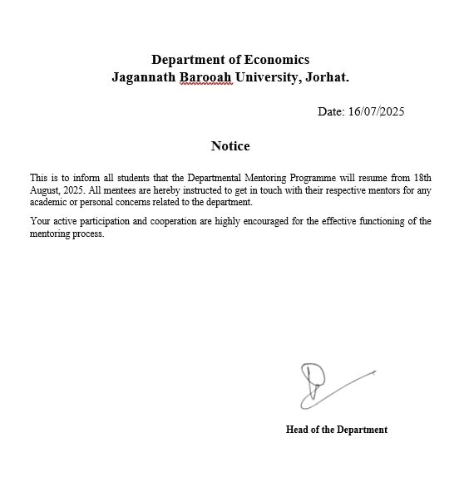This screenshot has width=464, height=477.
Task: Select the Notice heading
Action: [230, 146]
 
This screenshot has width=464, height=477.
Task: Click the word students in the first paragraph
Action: [140, 178]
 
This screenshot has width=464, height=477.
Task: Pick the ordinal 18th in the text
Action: [422, 178]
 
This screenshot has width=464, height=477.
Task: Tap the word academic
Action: [52, 202]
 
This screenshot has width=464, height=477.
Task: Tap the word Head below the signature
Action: [299, 430]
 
